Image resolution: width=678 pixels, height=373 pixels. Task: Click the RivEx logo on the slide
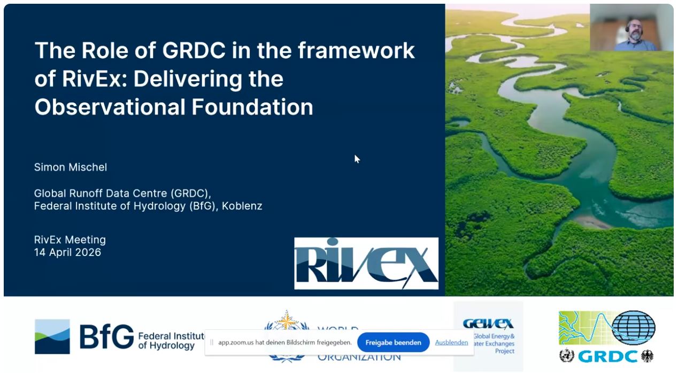[x=366, y=263]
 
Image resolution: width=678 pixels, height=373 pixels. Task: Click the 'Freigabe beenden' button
[x=393, y=343]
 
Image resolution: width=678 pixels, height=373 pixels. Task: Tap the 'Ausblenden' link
[x=451, y=343]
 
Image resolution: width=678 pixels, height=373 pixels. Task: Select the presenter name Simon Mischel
[x=71, y=167]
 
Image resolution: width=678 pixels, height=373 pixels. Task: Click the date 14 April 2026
[x=67, y=252]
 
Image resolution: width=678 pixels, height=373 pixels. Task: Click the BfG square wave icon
[x=52, y=337]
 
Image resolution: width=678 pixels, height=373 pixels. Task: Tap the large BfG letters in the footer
[x=106, y=337]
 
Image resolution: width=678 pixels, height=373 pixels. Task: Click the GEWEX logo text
[x=488, y=324]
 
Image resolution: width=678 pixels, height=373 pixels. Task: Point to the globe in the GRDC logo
[x=633, y=328]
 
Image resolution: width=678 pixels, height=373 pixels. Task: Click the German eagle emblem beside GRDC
[x=647, y=356]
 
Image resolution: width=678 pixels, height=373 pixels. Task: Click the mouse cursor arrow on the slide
[x=357, y=159]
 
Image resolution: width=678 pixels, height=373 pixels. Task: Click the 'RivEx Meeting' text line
[x=70, y=239]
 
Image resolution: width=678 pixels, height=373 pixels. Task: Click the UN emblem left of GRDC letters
[x=567, y=356]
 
